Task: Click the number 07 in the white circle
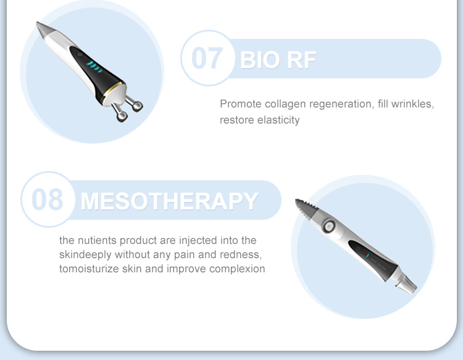click(206, 58)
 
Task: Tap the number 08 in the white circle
click(47, 199)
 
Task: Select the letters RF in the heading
click(302, 59)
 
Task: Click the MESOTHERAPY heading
click(169, 201)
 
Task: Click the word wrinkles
click(413, 104)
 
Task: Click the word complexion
click(237, 269)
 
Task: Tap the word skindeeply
click(85, 254)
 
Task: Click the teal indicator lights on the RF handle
click(93, 66)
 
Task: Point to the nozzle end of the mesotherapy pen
click(407, 285)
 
